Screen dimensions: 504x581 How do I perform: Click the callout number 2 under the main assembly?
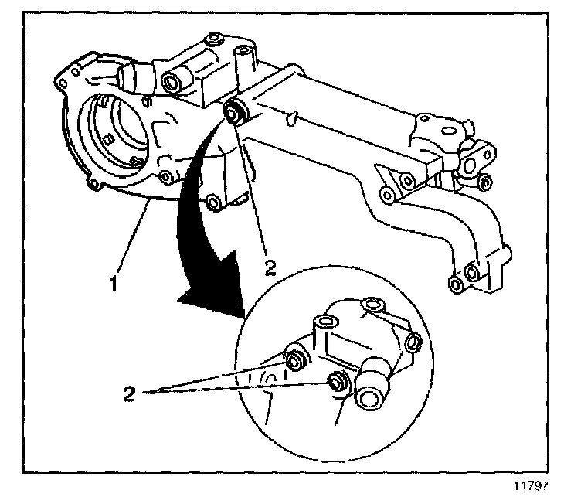point(270,267)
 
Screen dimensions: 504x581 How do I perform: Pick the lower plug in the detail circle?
point(336,381)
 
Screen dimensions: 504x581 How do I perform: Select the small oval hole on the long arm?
point(290,118)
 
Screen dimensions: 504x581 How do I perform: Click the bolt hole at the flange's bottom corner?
point(97,183)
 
